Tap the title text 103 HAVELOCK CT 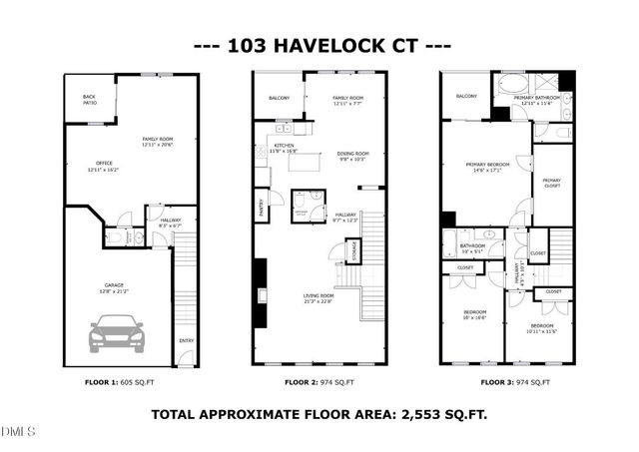(x=319, y=46)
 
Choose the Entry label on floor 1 (x=186, y=341)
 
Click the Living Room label (x=319, y=297)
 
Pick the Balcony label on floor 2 (x=280, y=98)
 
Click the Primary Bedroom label (x=486, y=166)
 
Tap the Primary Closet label (x=552, y=183)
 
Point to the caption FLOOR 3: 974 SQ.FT (x=517, y=383)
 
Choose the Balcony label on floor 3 (x=465, y=96)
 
